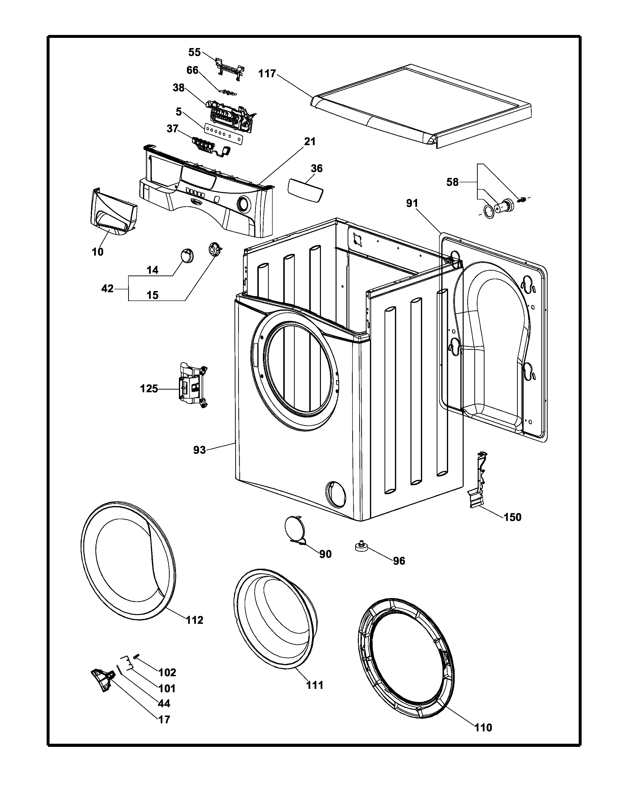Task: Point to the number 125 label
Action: [x=149, y=388]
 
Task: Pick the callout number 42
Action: [x=108, y=289]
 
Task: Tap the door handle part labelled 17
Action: [x=101, y=678]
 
